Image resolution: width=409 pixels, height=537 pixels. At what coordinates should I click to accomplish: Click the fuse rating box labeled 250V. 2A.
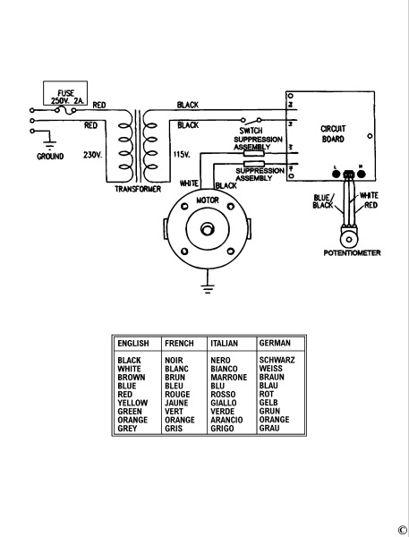pyautogui.click(x=65, y=93)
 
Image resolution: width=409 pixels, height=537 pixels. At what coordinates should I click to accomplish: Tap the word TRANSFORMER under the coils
pyautogui.click(x=138, y=189)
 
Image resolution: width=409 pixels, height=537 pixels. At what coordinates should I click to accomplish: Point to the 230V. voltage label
pyautogui.click(x=92, y=155)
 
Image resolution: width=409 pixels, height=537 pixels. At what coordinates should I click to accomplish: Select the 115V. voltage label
pyautogui.click(x=182, y=155)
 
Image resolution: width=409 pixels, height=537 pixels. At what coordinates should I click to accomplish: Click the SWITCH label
pyautogui.click(x=251, y=131)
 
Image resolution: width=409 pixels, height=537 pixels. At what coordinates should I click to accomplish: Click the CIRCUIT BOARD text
pyautogui.click(x=333, y=134)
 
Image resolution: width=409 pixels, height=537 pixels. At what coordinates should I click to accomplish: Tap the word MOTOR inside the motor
pyautogui.click(x=208, y=200)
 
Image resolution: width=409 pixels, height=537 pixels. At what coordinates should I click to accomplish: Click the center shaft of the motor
pyautogui.click(x=207, y=229)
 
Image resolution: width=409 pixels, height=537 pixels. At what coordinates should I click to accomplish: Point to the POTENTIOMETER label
pyautogui.click(x=352, y=253)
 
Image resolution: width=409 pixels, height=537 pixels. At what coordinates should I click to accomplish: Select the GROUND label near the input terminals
pyautogui.click(x=50, y=157)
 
